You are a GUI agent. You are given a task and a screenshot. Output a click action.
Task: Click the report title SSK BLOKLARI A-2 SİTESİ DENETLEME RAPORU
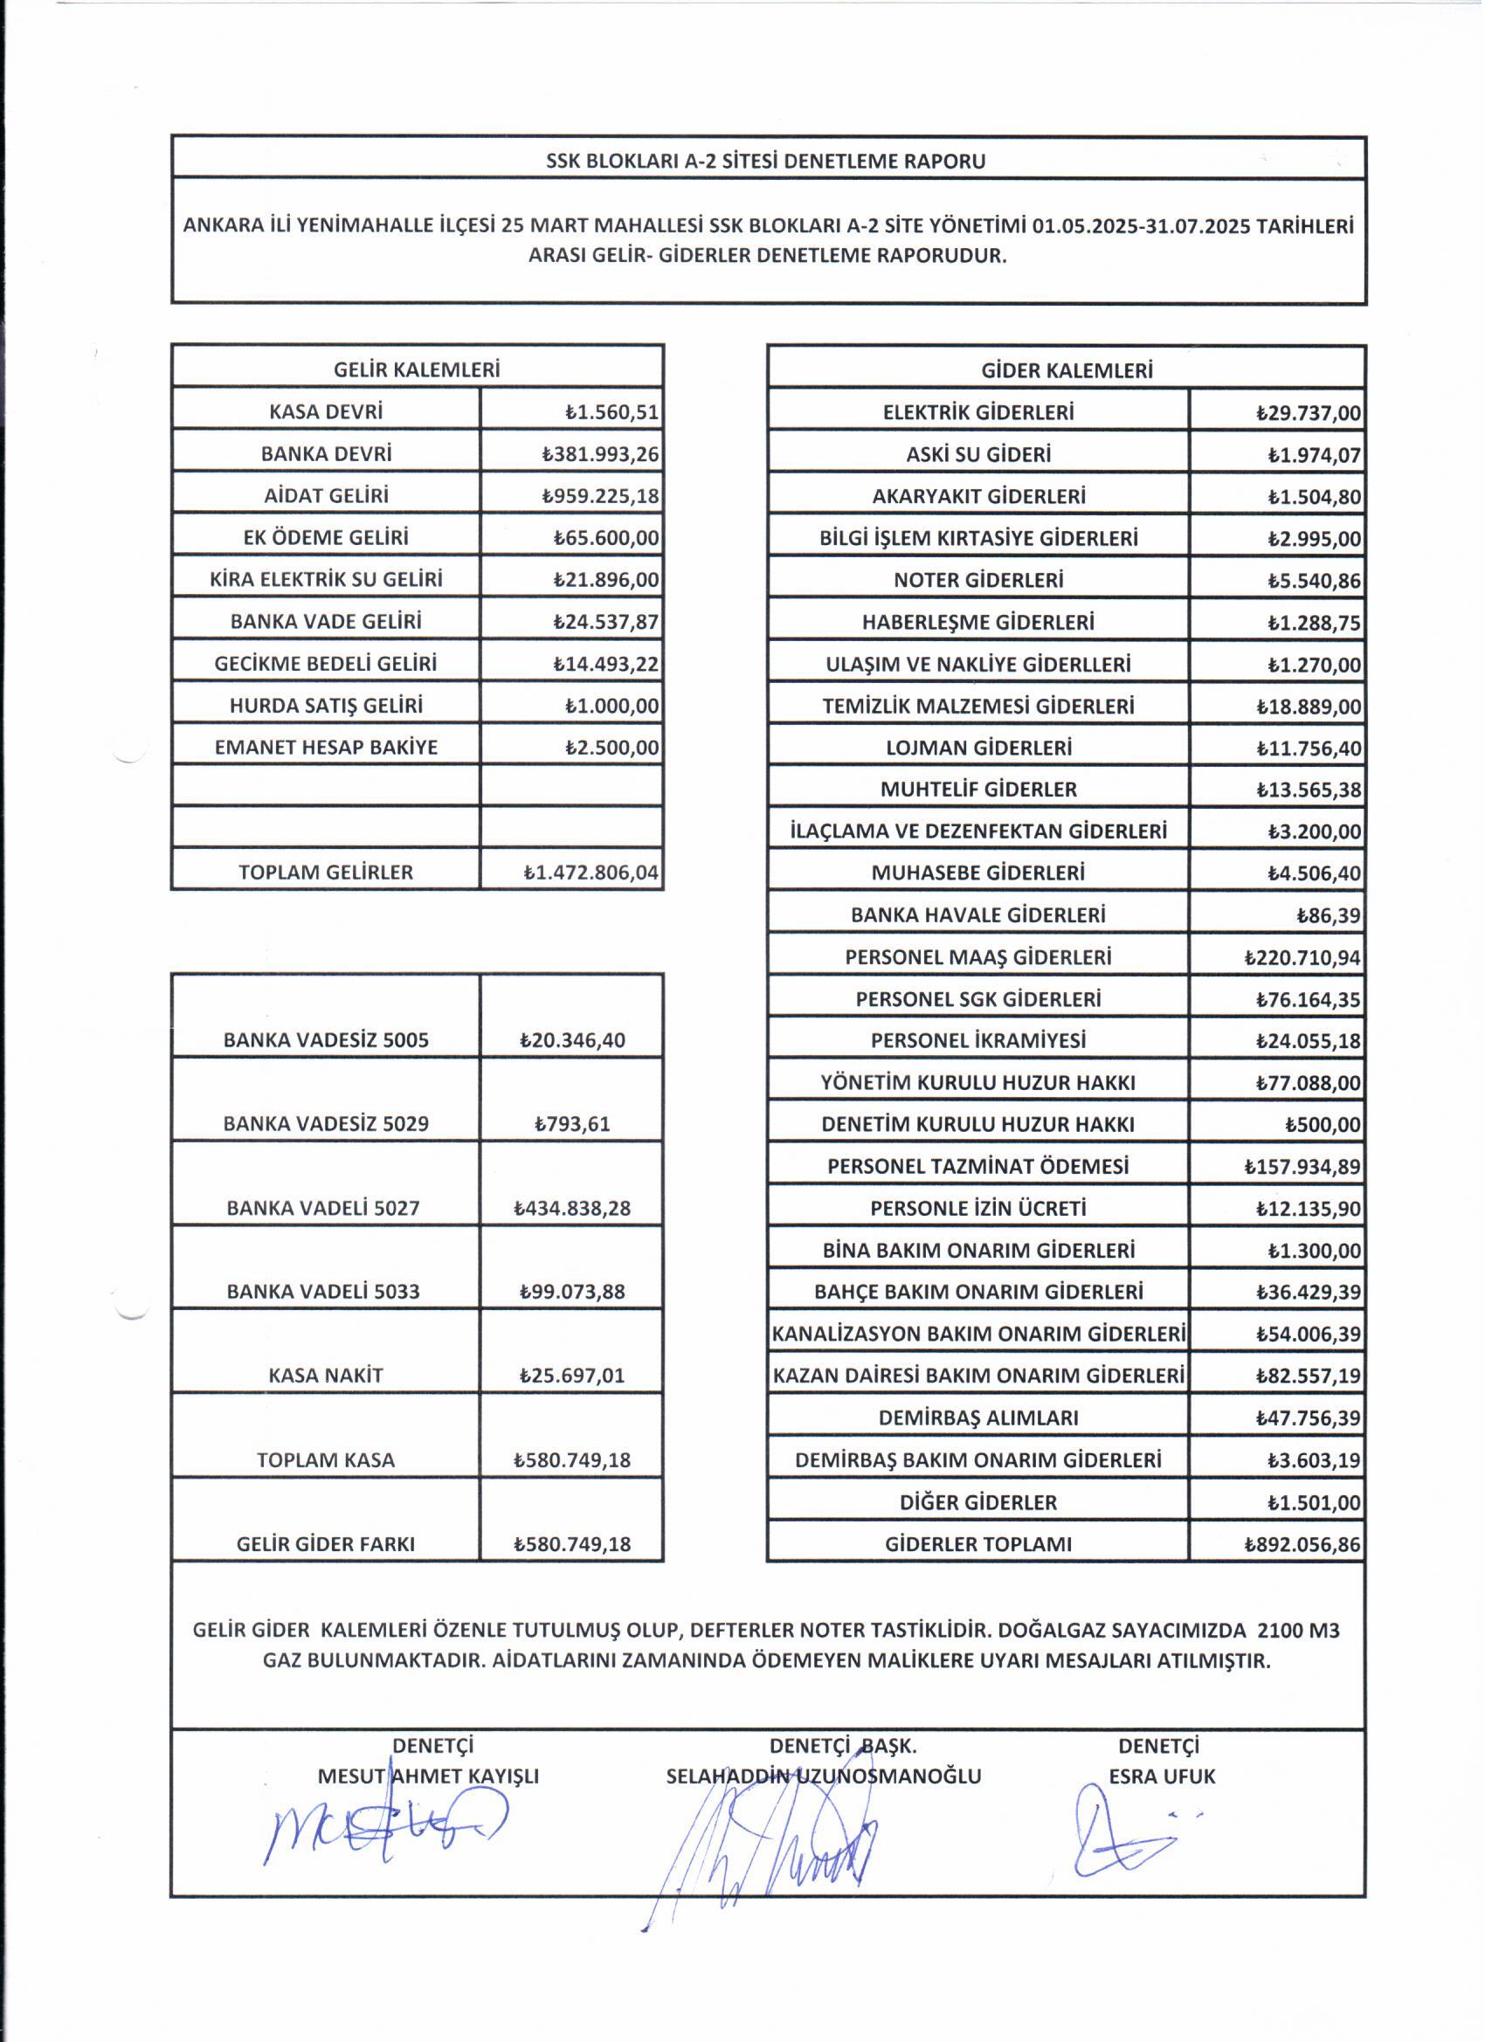(766, 162)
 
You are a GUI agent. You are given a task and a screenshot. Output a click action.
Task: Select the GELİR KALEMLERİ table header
(417, 369)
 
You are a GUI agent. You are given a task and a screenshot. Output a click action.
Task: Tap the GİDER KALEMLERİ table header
(1067, 370)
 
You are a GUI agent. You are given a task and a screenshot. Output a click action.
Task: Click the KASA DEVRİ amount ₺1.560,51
(611, 412)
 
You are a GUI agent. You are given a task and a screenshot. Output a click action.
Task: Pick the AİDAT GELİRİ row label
(326, 495)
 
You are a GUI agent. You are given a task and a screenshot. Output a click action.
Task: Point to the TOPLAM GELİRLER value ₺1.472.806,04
(591, 873)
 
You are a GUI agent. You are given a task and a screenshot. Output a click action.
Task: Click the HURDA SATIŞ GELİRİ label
(326, 705)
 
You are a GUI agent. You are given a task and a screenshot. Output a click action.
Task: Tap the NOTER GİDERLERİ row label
(978, 580)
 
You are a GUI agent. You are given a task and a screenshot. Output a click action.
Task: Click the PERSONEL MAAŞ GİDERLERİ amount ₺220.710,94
(1302, 958)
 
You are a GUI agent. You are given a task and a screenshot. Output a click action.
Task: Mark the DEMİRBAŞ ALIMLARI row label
(978, 1418)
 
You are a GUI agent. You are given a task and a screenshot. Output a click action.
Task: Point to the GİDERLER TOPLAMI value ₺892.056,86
(1302, 1545)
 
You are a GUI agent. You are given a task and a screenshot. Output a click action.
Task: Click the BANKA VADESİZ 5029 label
(326, 1124)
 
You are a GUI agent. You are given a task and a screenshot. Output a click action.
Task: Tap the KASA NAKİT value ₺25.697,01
(572, 1376)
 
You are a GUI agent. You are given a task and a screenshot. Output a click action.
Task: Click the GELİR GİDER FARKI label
(326, 1544)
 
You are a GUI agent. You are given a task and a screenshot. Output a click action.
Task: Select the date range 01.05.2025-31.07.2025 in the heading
(1141, 226)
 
